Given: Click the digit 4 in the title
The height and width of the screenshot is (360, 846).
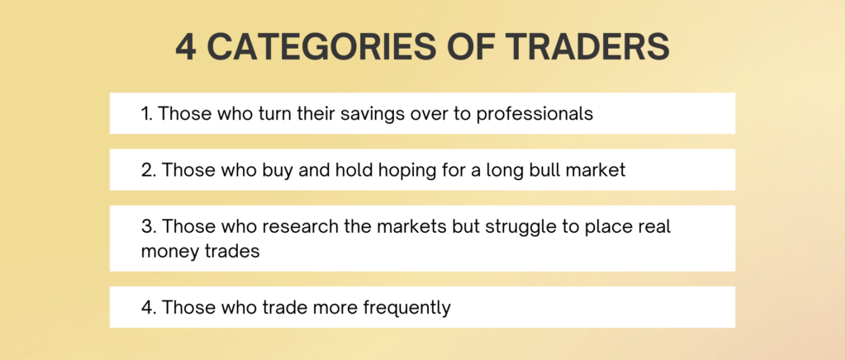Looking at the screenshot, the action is click(185, 46).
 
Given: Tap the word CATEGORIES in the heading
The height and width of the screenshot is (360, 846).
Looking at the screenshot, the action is click(321, 46).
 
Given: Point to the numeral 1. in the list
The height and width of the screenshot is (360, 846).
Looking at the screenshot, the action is click(147, 114).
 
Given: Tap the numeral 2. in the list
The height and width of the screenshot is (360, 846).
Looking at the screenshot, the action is click(149, 170).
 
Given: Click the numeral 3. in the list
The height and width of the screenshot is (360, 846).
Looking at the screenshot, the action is click(149, 226).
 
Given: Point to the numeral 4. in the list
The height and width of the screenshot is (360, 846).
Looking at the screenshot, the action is click(149, 308).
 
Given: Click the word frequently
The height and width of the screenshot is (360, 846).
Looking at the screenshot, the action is click(406, 309).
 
